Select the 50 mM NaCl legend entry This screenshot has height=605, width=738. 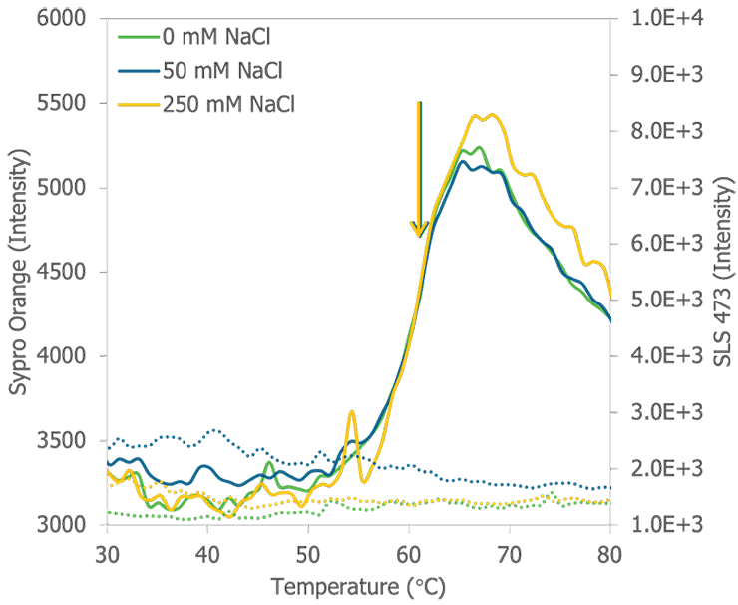tap(220, 71)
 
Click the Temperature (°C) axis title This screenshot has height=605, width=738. tap(358, 586)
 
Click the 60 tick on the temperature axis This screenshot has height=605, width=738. tap(409, 552)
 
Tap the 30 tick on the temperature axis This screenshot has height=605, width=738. tap(107, 552)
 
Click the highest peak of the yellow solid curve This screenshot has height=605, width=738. tap(489, 115)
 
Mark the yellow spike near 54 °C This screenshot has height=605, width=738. tap(351, 412)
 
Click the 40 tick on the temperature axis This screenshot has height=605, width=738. tap(207, 552)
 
